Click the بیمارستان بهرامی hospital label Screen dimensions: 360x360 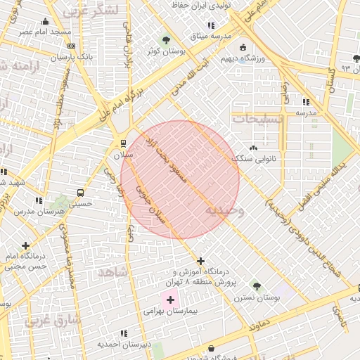click(171, 310)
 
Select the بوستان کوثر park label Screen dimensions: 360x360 click(161, 51)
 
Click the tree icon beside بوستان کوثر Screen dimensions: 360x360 click(166, 40)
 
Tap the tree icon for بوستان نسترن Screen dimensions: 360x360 click(257, 287)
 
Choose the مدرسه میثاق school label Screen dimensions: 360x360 click(206, 35)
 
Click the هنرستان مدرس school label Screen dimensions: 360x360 click(58, 211)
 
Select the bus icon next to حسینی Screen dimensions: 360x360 click(80, 192)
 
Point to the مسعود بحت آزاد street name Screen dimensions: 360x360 click(169, 161)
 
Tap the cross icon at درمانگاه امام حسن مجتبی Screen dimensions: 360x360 click(27, 246)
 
